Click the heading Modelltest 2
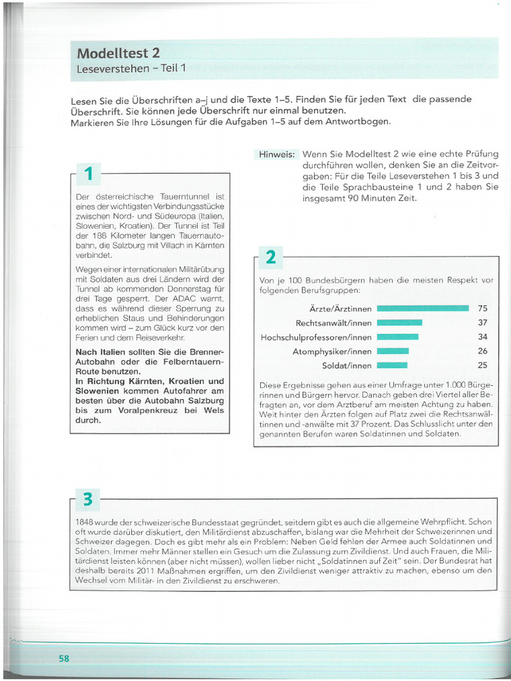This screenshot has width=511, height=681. pos(118,53)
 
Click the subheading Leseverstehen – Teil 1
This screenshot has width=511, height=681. pos(131,68)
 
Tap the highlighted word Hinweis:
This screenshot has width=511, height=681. pos(277,154)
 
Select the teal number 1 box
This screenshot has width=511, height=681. pos(88,174)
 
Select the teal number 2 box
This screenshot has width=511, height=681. pos(271,257)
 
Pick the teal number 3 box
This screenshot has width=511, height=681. pos(88,499)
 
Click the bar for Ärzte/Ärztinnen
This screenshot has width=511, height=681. pos(423,309)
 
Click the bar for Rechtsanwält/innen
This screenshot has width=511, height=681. pos(399,323)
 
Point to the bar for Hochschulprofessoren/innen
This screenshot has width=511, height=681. pos(397,337)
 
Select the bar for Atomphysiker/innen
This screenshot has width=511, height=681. pos(393,351)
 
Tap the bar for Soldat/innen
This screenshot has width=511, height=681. pos(392,365)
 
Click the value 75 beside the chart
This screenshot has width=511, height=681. pos(482,309)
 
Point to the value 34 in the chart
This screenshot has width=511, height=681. pos(482,337)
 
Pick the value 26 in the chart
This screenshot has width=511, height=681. pos(482,351)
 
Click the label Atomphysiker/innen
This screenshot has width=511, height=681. pos(332,351)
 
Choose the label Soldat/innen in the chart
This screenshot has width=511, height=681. pos(347,365)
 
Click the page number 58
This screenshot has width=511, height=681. pos(64,658)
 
